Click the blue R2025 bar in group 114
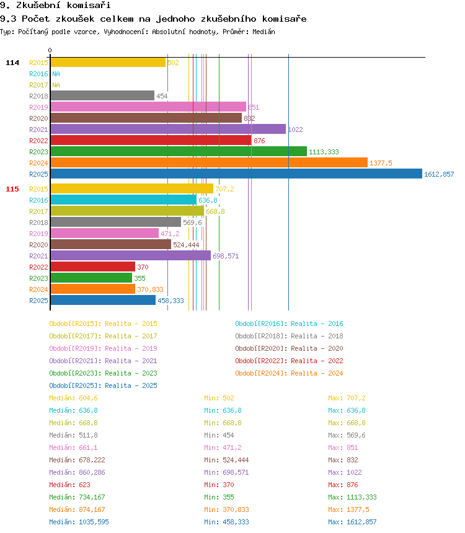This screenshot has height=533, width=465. click(236, 174)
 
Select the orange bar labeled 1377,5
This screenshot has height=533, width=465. click(208, 162)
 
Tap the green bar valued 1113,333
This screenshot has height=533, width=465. click(178, 151)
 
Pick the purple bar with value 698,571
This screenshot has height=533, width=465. click(130, 255)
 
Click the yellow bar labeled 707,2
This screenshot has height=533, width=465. click(131, 188)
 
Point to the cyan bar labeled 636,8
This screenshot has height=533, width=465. click(123, 200)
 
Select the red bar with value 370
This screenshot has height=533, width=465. click(92, 266)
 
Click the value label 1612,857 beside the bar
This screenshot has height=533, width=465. click(439, 174)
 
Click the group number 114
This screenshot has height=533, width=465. click(12, 63)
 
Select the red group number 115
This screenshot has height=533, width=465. click(12, 189)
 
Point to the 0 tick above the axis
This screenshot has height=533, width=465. click(50, 50)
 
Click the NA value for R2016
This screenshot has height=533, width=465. click(56, 74)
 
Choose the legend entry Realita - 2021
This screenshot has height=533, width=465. click(103, 361)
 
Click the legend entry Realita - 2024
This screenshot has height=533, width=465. click(289, 373)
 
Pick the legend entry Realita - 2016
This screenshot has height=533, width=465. click(289, 324)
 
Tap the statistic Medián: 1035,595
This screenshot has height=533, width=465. click(79, 522)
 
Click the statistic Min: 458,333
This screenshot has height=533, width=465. click(226, 522)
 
